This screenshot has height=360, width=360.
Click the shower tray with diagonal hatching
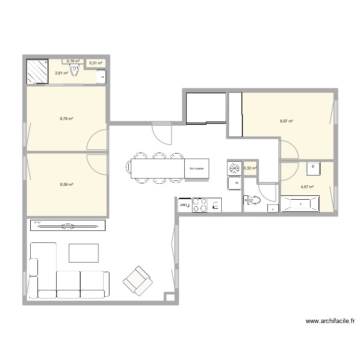(37, 71)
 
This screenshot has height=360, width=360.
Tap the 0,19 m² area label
(73, 61)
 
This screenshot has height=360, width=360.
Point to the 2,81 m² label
(61, 73)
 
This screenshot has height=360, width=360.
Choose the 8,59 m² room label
(66, 184)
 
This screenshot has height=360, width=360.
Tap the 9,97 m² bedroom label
(287, 121)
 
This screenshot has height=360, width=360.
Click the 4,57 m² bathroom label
(307, 187)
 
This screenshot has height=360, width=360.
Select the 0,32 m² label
(250, 168)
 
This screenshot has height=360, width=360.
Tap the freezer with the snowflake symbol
(234, 168)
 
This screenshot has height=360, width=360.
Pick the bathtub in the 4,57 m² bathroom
(300, 204)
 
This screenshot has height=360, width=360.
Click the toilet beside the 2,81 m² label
(75, 72)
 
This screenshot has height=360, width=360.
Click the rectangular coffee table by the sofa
(84, 253)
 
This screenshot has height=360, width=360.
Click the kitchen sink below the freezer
(234, 183)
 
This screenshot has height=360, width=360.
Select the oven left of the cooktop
(184, 205)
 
